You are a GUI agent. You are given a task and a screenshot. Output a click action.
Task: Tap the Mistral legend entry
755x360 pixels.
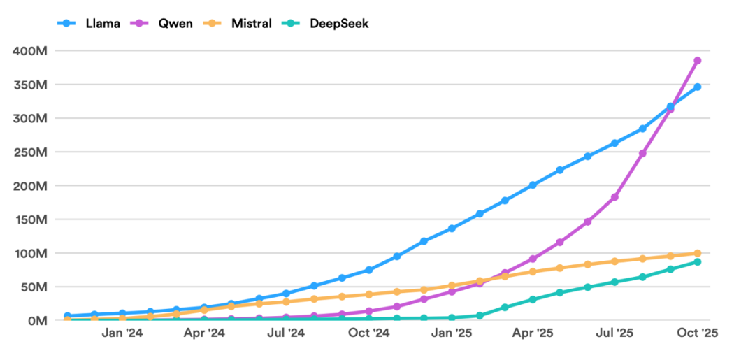(x=252, y=23)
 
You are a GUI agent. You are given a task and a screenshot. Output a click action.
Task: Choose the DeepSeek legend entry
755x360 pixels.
(x=339, y=23)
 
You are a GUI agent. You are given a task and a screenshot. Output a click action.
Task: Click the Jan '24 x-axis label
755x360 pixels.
(x=122, y=333)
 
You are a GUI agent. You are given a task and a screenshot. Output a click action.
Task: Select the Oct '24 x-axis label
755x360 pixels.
(x=369, y=333)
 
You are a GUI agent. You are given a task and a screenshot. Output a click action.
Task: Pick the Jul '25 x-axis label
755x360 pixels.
(x=614, y=333)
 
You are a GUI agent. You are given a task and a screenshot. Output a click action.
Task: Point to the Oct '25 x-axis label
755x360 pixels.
(x=697, y=333)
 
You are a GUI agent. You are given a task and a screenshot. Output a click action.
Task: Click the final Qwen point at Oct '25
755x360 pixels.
(x=697, y=61)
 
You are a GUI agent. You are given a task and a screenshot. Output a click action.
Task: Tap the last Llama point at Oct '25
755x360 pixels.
(x=697, y=87)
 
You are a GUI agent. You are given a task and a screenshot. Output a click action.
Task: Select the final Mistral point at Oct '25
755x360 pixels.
(x=697, y=253)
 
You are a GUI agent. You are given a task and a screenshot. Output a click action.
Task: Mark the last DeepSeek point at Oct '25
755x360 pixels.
(x=697, y=262)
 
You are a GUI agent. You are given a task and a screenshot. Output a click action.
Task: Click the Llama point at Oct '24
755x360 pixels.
(x=369, y=270)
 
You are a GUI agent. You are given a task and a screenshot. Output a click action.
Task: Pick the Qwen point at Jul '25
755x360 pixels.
(x=614, y=197)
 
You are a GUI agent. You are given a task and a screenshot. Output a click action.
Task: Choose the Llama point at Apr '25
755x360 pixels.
(x=533, y=185)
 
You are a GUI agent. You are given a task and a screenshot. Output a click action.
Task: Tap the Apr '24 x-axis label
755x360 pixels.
(x=205, y=333)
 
